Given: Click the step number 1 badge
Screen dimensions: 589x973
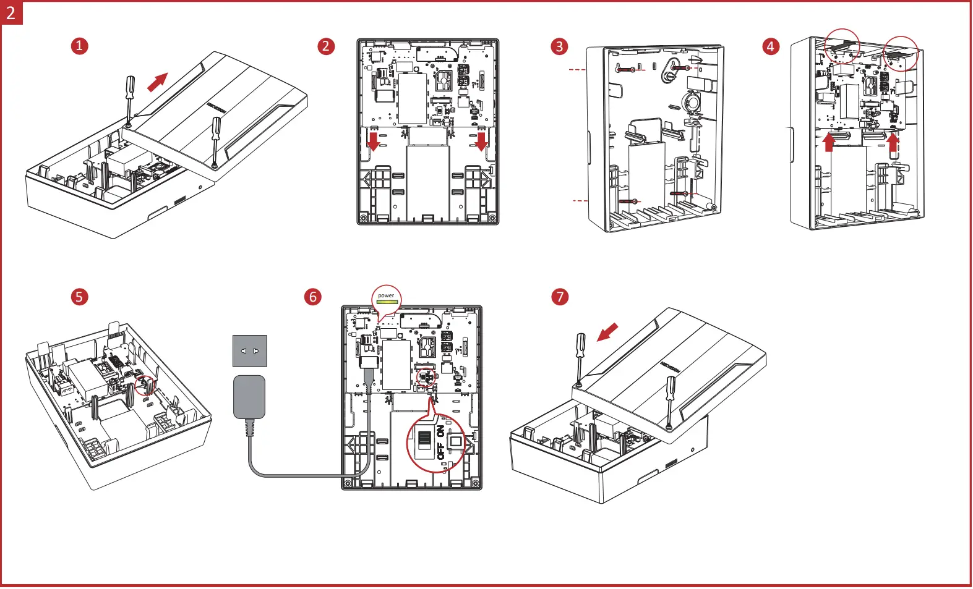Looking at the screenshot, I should click(x=79, y=46).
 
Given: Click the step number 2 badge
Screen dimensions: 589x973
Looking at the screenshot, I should click(x=326, y=46).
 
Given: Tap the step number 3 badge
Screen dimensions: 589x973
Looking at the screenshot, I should click(x=559, y=46).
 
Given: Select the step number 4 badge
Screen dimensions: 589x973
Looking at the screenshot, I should click(x=770, y=46).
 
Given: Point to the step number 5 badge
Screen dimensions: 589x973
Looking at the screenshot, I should click(x=79, y=297).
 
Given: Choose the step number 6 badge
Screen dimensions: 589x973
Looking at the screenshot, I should click(x=313, y=297).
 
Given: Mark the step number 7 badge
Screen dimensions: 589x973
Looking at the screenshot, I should click(x=560, y=297).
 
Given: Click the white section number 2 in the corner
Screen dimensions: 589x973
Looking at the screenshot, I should click(x=11, y=12).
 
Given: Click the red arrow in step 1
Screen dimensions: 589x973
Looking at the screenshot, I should click(x=158, y=82).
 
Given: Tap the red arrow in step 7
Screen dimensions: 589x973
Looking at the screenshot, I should click(x=607, y=332).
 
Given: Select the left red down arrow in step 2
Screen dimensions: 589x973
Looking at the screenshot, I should click(x=373, y=140).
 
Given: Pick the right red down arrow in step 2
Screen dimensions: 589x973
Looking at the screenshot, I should click(x=481, y=140).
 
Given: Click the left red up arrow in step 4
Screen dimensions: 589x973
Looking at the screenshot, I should click(x=829, y=142).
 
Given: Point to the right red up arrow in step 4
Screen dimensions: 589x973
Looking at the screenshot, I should click(x=893, y=142).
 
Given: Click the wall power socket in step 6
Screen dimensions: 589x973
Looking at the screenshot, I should click(x=249, y=350).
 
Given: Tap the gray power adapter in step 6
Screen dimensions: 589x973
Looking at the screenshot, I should click(x=249, y=397).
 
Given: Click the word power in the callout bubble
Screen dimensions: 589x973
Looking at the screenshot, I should click(x=386, y=295).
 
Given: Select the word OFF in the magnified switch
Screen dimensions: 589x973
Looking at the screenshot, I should click(x=440, y=451).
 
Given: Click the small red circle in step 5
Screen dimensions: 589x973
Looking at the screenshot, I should click(x=145, y=385).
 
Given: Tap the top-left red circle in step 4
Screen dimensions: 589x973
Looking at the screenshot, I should click(x=842, y=45).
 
